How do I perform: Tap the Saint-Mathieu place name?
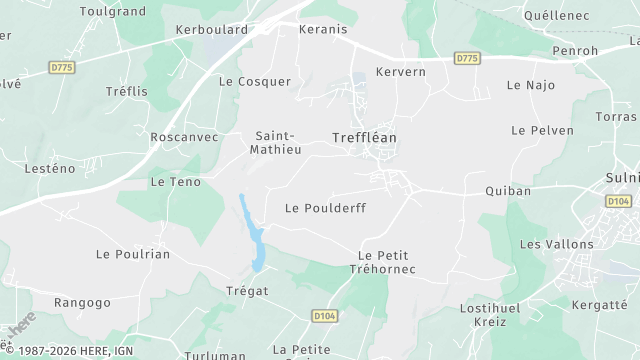tap(279, 142)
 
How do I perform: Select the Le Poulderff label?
tap(325, 208)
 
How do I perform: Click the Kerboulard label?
tap(211, 29)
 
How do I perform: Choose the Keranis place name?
tap(322, 29)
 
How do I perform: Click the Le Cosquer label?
tap(254, 81)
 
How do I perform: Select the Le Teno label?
tap(175, 182)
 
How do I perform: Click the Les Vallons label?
tap(557, 244)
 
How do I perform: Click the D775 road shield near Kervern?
tap(467, 59)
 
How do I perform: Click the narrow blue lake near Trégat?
tap(250, 232)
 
